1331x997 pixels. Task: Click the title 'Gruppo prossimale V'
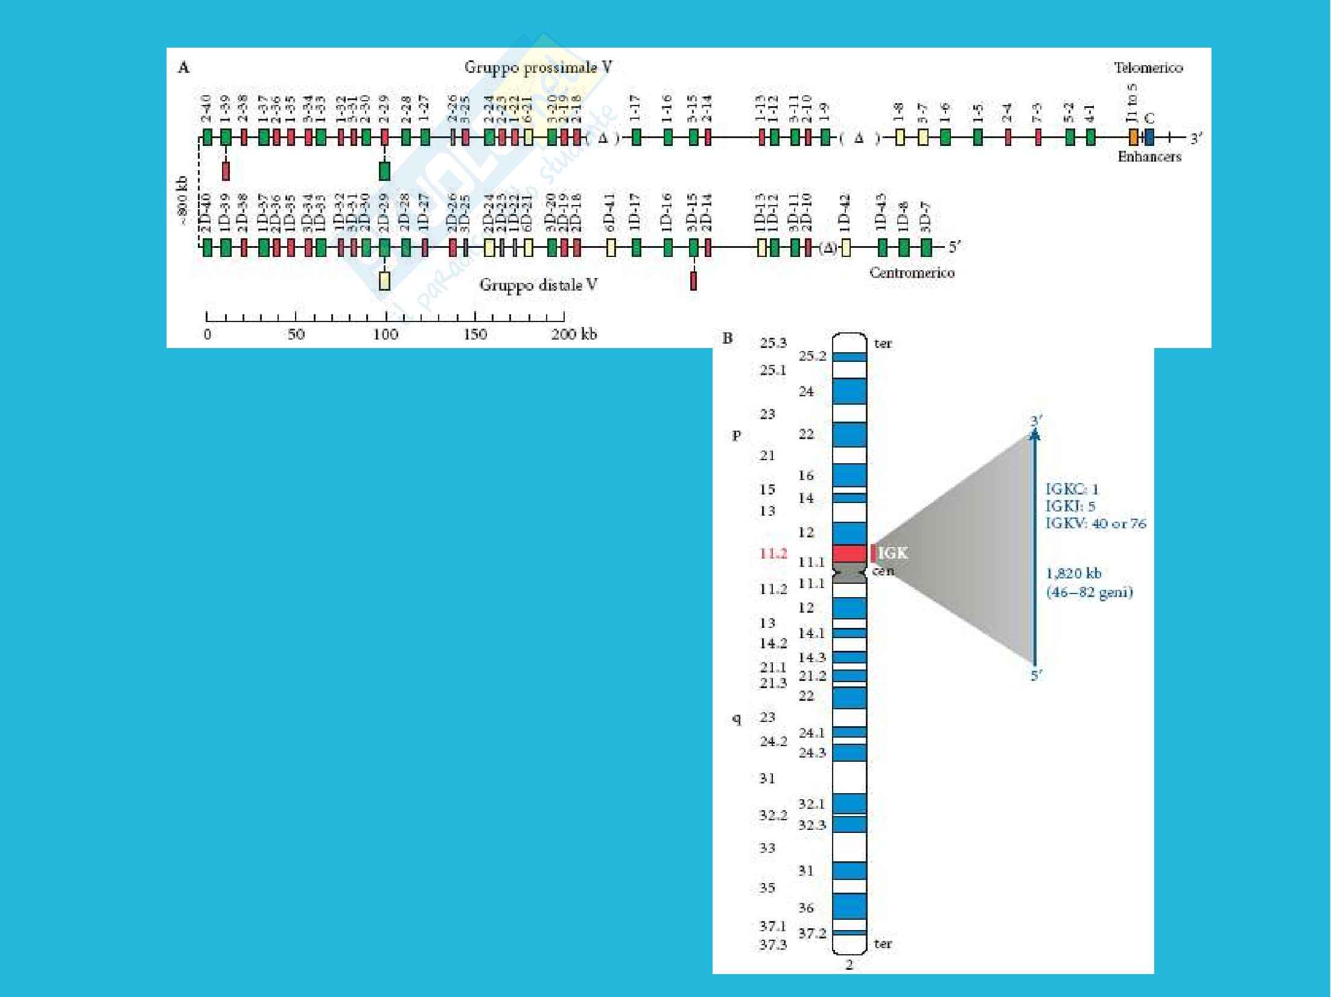[x=538, y=67]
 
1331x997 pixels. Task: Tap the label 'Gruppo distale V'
[x=538, y=284]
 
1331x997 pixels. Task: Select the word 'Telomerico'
[x=1148, y=68]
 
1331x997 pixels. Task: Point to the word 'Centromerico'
[x=912, y=273]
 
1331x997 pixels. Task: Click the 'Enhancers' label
[x=1149, y=157]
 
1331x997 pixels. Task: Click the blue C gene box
[x=1149, y=138]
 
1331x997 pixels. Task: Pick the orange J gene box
[x=1133, y=138]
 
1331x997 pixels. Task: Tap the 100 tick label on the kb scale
[x=386, y=334]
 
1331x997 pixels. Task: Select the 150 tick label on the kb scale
[x=475, y=334]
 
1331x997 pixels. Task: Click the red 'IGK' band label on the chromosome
[x=892, y=552]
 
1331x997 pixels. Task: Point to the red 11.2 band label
[x=773, y=553]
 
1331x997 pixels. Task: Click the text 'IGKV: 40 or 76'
[x=1095, y=524]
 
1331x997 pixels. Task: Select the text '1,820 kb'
[x=1073, y=573]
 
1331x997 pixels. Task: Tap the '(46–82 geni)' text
[x=1089, y=592]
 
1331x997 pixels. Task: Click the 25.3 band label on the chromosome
[x=773, y=343]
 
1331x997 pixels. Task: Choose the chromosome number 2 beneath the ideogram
[x=849, y=965]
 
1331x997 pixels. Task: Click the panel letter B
[x=728, y=338]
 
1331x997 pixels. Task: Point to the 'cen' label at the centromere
[x=883, y=571]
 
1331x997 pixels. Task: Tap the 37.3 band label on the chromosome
[x=773, y=945]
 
